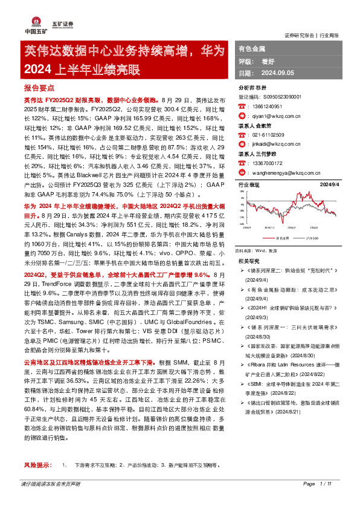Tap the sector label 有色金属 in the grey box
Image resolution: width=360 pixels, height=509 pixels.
[x=252, y=48]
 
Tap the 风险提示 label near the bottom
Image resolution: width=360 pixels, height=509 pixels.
[x=36, y=482]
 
